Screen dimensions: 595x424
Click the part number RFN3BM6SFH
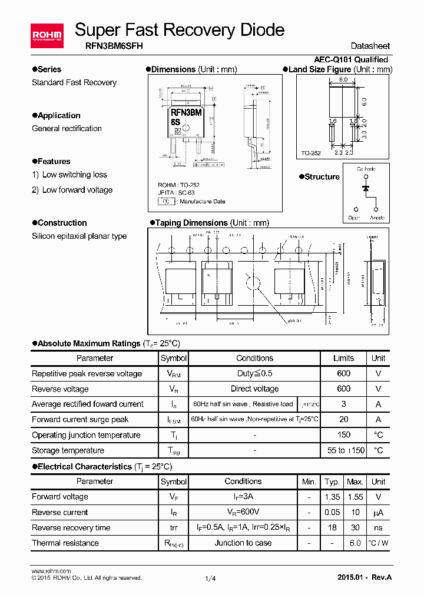click(x=109, y=45)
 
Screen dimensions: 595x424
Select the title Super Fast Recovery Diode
click(x=180, y=29)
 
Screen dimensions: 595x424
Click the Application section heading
click(x=58, y=115)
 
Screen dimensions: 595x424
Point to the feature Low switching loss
click(x=75, y=175)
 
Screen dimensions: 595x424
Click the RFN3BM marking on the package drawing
click(x=187, y=112)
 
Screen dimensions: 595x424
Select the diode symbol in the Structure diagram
click(x=366, y=188)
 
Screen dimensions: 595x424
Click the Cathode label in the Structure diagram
click(x=366, y=169)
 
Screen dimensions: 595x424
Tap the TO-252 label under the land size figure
click(x=311, y=153)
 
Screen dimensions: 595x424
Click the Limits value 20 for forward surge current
click(x=344, y=419)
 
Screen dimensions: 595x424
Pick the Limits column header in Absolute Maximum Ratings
click(x=344, y=358)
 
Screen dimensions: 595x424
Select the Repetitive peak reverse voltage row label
click(x=87, y=373)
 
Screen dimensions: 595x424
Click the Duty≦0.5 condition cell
click(x=254, y=373)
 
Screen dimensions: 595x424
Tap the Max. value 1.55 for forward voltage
click(x=355, y=497)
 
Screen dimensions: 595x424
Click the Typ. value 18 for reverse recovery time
click(x=332, y=527)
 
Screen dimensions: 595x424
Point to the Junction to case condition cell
click(x=243, y=543)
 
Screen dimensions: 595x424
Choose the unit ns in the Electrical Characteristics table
click(x=378, y=527)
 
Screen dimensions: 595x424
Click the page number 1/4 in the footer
click(x=210, y=579)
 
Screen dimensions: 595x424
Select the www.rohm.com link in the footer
click(x=51, y=571)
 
